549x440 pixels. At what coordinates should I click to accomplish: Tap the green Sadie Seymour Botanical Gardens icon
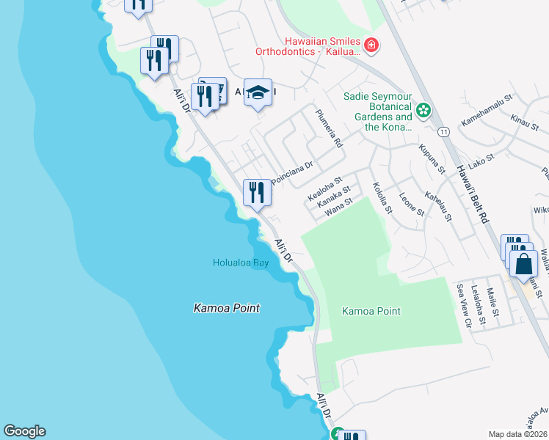coord(423,111)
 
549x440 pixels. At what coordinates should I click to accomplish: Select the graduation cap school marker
coord(258,93)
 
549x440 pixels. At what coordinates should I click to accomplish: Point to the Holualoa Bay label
coord(240,263)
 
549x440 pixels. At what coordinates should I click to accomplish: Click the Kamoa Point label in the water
coord(226,309)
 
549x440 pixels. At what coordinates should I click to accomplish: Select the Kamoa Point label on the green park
coord(371,311)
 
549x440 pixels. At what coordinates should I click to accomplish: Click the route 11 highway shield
coord(443,132)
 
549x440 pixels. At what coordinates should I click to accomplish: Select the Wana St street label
coord(339,208)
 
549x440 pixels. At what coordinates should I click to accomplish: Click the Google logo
coord(24,431)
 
